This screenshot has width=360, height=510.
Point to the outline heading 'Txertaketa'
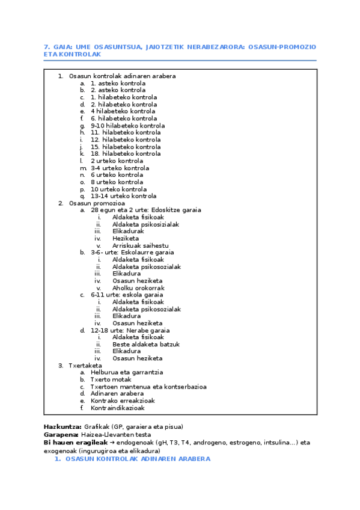click(x=85, y=365)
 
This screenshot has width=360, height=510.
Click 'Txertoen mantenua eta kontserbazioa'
click(x=148, y=387)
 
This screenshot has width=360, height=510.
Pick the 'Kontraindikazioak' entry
click(x=118, y=408)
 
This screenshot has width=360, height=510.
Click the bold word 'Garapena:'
click(x=61, y=434)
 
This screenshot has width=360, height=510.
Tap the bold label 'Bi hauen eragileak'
click(x=73, y=442)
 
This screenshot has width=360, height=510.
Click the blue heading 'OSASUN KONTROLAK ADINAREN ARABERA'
click(x=138, y=458)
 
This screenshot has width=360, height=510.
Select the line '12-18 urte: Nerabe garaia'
click(x=130, y=330)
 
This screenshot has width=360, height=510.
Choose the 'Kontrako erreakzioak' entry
click(x=123, y=401)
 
